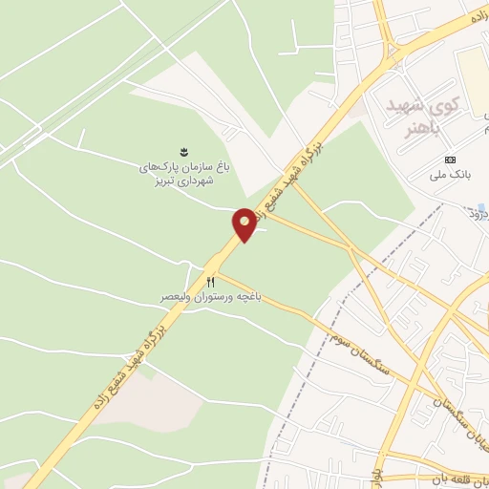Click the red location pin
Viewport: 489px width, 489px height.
[244, 223]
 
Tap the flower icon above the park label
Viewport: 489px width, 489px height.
[184, 151]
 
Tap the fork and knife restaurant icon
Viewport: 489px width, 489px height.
[210, 283]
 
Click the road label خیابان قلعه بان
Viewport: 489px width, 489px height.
[458, 477]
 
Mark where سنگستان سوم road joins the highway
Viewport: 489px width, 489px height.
[222, 273]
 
